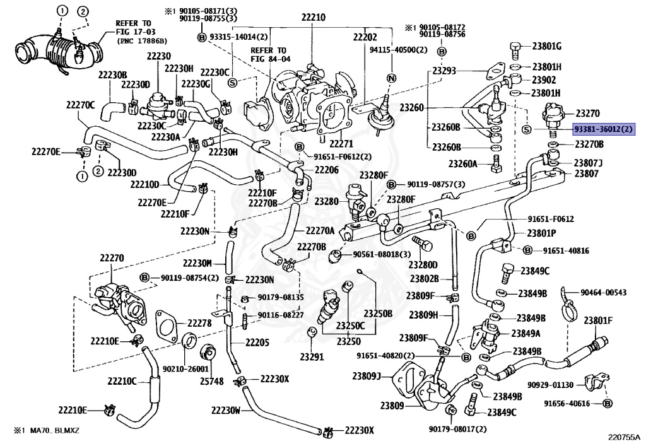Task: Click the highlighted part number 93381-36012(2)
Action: tap(603, 129)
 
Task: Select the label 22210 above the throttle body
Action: tap(313, 17)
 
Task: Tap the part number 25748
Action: tap(212, 382)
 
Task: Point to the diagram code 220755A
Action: tap(623, 437)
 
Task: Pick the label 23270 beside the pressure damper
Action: tap(587, 113)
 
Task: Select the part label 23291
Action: tap(312, 356)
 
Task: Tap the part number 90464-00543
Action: tap(603, 292)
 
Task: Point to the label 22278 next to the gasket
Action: tap(199, 323)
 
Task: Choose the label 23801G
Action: tap(547, 45)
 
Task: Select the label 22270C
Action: tap(80, 105)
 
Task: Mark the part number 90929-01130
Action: tap(550, 385)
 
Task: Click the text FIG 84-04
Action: tap(270, 59)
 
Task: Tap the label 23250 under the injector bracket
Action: tap(348, 341)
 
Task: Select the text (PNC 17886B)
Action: tap(142, 41)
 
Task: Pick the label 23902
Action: tap(544, 80)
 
